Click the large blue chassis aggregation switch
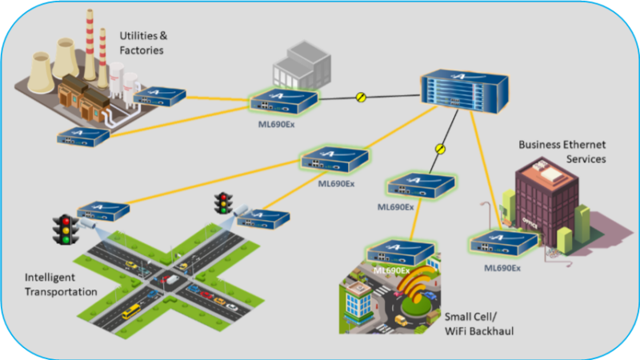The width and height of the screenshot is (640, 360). [465, 90]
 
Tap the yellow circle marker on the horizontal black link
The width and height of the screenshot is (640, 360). [361, 98]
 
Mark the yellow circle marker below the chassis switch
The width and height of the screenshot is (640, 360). [438, 148]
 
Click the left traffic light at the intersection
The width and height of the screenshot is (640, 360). [62, 229]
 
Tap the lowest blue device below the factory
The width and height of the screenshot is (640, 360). [83, 136]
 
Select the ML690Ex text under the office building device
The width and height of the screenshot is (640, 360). [503, 267]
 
